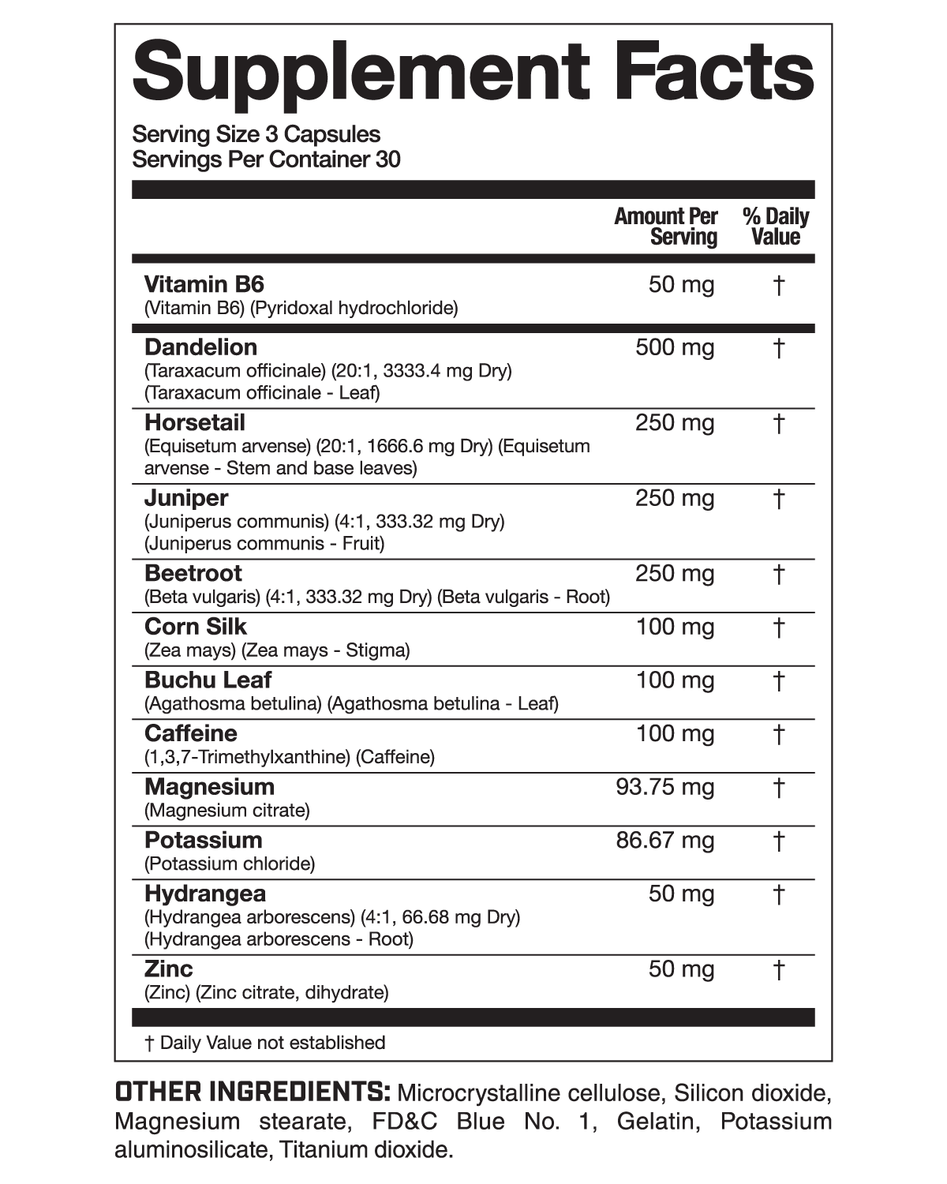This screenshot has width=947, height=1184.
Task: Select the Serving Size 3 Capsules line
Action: (256, 134)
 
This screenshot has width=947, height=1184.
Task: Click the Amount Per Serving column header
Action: (666, 227)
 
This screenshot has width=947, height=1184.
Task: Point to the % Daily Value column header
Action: (776, 227)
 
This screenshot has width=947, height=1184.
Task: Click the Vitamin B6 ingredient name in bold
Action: (204, 284)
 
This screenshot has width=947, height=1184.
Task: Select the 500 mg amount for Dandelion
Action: (675, 347)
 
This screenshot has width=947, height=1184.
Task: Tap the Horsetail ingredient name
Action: (195, 422)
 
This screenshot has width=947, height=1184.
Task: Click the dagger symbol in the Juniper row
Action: (778, 499)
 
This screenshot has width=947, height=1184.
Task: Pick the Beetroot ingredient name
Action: (193, 573)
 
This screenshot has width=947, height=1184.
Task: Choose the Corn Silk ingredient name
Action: (196, 627)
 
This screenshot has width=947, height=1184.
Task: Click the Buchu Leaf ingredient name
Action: (208, 680)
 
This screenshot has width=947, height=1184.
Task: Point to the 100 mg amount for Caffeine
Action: (675, 733)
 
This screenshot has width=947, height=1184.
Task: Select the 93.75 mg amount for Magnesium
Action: (664, 787)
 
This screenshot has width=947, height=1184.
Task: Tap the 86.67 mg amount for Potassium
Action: (664, 840)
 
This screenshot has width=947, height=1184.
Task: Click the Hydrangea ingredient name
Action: (205, 894)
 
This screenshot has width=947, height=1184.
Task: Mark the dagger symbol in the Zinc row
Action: (778, 969)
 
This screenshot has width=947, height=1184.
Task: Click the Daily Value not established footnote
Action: (265, 1043)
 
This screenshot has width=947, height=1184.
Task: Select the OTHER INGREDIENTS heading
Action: (253, 1092)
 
